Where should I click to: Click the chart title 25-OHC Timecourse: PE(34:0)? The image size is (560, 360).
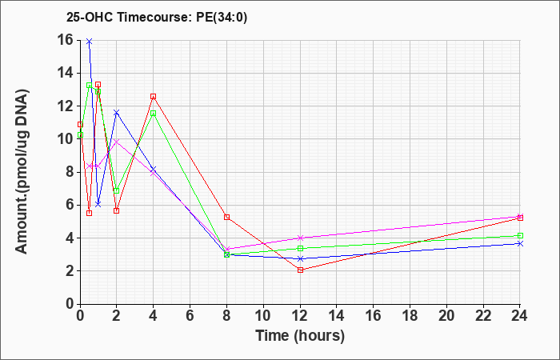157,18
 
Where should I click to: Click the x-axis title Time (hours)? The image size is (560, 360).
300,336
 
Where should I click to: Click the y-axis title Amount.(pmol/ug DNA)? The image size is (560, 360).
22,172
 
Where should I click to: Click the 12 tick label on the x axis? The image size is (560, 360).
300,316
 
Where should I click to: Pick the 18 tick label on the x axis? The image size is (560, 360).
410,316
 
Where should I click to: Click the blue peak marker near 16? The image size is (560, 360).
90,42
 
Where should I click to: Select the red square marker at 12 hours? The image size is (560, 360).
300,270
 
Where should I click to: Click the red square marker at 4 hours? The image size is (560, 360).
154,97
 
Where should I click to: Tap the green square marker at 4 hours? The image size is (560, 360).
154,114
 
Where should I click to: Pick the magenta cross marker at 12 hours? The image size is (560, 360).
300,238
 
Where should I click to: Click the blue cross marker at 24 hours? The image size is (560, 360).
520,243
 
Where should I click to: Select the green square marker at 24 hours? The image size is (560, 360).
520,236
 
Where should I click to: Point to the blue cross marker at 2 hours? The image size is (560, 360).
117,113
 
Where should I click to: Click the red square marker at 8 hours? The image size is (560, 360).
226,217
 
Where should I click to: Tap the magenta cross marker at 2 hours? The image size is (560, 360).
117,142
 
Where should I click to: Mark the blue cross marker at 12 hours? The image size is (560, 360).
300,259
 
